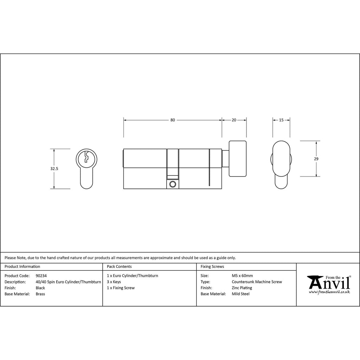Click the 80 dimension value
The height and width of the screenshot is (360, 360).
pos(172,120)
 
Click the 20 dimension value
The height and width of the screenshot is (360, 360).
pos(234,120)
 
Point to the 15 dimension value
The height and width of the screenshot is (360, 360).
pos(281,120)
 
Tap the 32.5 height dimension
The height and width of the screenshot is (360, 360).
pos(54,168)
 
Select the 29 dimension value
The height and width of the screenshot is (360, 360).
pos(316,159)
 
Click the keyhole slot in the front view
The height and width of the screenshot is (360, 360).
pos(86,156)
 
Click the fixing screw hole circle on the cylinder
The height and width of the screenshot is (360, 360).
pos(172,184)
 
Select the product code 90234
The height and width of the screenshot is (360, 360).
pos(41,276)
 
